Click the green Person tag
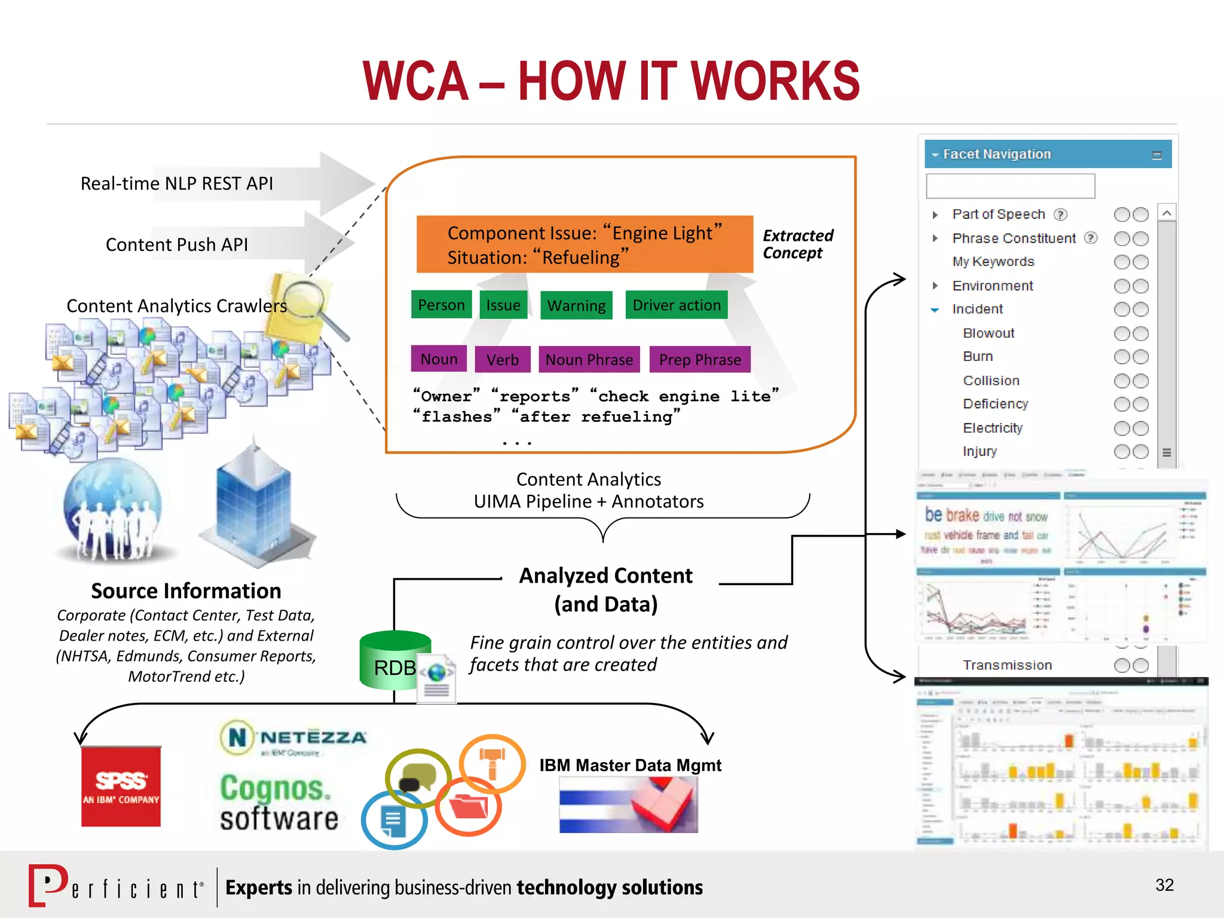(x=441, y=305)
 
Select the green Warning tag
(x=576, y=305)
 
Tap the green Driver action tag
(x=677, y=305)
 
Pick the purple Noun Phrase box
(x=589, y=359)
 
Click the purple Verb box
(x=502, y=359)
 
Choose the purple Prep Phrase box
(x=700, y=359)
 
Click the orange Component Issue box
(x=584, y=244)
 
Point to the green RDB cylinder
(x=394, y=660)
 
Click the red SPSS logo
(x=121, y=786)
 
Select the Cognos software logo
(x=279, y=803)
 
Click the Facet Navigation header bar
(x=1047, y=154)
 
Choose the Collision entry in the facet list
(x=991, y=381)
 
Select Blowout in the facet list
(x=989, y=333)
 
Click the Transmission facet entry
(x=1007, y=665)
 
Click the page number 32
(x=1164, y=885)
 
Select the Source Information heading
(x=186, y=590)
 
